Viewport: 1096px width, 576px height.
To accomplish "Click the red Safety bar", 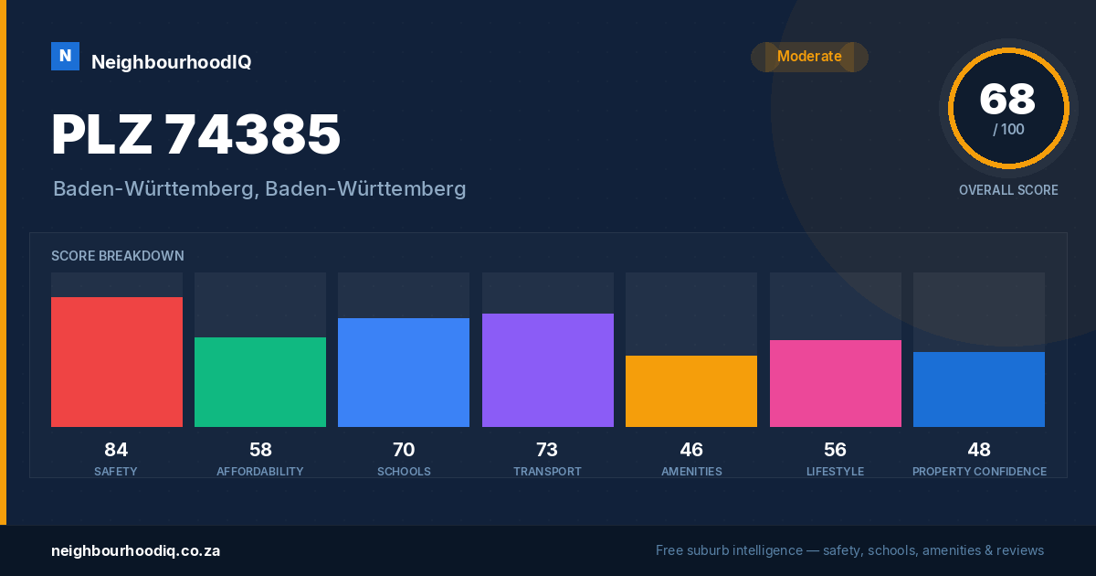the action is click(117, 362).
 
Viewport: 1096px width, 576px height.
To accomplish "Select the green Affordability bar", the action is click(260, 382).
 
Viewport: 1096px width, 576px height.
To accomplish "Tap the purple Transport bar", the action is click(547, 370).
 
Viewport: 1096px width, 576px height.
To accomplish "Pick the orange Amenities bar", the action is click(690, 391).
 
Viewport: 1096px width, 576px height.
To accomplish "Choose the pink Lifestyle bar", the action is click(835, 383).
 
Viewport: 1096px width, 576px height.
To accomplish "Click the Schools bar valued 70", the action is click(404, 373).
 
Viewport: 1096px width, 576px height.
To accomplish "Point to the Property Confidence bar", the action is click(978, 389).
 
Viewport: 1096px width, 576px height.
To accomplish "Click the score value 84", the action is click(116, 450).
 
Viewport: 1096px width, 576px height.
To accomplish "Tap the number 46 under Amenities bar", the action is click(691, 450).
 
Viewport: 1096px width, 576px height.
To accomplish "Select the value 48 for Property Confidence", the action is click(979, 450).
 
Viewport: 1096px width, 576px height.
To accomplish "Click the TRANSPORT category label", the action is click(547, 472).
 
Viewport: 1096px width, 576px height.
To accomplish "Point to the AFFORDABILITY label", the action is click(259, 472).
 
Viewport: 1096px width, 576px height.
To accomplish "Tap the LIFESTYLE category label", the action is click(835, 472).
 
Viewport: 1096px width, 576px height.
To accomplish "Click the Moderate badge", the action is click(809, 57).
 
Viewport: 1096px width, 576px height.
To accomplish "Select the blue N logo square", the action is click(65, 57).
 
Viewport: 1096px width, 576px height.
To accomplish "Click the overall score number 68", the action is click(1007, 99).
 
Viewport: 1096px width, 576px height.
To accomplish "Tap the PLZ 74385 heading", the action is click(195, 134).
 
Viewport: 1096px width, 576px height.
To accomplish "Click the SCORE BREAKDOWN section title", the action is click(118, 256).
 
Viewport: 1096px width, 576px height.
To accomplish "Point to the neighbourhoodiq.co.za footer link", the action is click(135, 551).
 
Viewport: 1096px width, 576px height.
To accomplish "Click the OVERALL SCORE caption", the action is click(1008, 190).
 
